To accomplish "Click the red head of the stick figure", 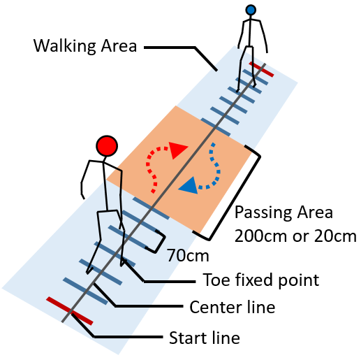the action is point(107,146).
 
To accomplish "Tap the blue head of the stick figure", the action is point(251,10).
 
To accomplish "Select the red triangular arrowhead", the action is point(177,150).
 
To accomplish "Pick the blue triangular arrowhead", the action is point(189,185).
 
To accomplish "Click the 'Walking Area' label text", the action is point(85,46).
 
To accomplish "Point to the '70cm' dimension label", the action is point(188,256).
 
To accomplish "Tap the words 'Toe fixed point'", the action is point(261,280).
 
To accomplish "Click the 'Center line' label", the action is point(233,307).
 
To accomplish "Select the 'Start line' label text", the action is point(205,338).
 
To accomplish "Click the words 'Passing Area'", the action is point(283,213).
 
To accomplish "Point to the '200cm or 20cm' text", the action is point(295,236).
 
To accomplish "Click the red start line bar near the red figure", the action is point(70,311).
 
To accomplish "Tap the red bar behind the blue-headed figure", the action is point(261,69).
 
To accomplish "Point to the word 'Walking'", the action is point(65,46).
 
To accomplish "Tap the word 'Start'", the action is point(189,338).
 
